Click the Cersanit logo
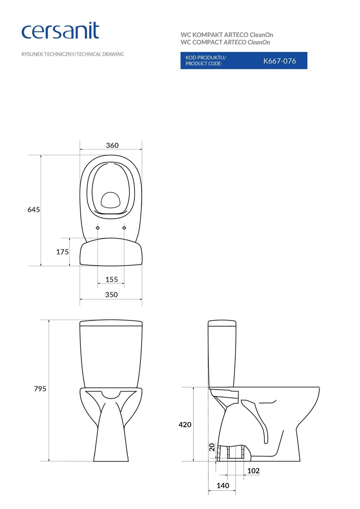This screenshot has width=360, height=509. click(x=60, y=31)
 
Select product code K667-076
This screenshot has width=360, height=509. click(x=279, y=61)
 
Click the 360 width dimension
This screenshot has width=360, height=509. click(x=112, y=146)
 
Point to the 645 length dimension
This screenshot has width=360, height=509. click(x=33, y=210)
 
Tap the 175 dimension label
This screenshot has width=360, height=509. click(x=62, y=252)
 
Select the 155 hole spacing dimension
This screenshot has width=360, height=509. click(x=111, y=280)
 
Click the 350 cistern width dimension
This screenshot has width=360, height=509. click(x=111, y=295)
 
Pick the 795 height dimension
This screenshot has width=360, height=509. click(x=40, y=389)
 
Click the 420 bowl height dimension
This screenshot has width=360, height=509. click(x=185, y=425)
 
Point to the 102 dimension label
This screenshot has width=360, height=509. click(x=253, y=471)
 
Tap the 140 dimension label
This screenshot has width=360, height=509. click(x=223, y=486)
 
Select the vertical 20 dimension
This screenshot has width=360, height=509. click(x=212, y=447)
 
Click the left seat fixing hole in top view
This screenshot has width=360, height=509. click(x=98, y=228)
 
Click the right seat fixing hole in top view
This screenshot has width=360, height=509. click(x=124, y=228)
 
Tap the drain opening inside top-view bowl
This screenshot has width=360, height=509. click(x=111, y=200)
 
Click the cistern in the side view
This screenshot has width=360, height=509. click(x=221, y=354)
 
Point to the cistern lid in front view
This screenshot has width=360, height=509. click(x=111, y=323)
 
